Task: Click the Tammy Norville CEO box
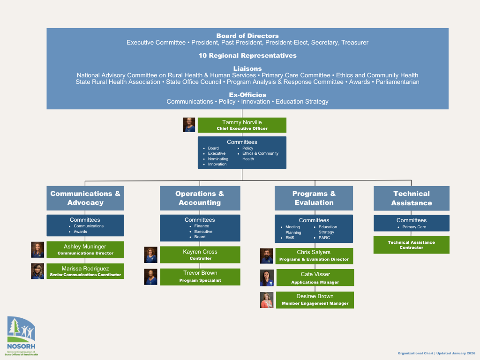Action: pos(242,125)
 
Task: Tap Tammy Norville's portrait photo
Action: pos(189,125)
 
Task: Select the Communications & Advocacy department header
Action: pos(85,198)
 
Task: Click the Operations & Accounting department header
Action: pos(200,198)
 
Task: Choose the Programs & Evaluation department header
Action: pos(314,198)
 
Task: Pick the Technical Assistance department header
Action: pos(412,198)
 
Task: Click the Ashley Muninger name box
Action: pos(85,249)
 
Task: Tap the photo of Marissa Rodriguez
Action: pos(37,271)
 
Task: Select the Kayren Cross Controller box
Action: pos(200,255)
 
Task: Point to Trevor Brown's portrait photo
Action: pos(150,277)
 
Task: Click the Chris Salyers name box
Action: pos(314,255)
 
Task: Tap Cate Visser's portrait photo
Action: pos(267,278)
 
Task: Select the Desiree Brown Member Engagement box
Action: pos(315,300)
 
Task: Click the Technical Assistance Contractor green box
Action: pos(411,245)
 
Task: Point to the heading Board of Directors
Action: pos(247,36)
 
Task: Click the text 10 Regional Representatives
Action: pos(247,55)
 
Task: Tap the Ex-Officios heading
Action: pos(247,95)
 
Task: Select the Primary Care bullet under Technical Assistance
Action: pos(414,227)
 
